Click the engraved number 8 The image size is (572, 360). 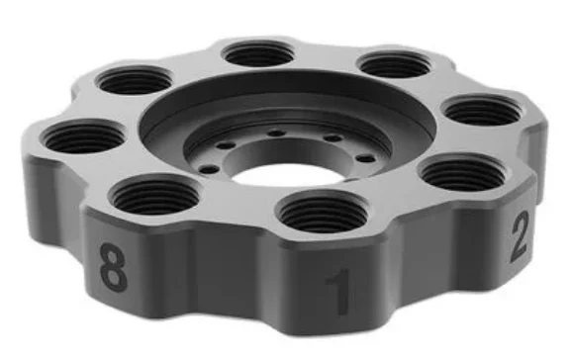click(x=114, y=267)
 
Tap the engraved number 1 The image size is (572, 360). click(x=339, y=291)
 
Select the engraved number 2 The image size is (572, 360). click(x=520, y=236)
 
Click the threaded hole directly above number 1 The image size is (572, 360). click(x=323, y=212)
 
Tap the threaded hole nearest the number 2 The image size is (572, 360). click(x=462, y=172)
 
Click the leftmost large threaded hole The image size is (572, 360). click(x=84, y=136)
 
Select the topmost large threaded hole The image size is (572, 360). click(x=259, y=53)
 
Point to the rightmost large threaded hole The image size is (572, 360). click(x=483, y=110)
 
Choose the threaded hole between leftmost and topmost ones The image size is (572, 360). click(x=135, y=80)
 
